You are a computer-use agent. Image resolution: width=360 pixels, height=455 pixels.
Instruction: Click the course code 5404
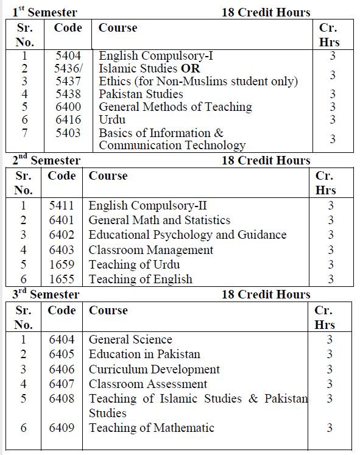(x=67, y=56)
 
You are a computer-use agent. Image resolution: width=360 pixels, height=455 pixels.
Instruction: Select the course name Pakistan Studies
(x=141, y=94)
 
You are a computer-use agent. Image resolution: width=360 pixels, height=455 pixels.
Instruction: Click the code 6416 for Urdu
(x=67, y=119)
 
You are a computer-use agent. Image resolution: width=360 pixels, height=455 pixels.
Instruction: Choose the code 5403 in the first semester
(x=67, y=132)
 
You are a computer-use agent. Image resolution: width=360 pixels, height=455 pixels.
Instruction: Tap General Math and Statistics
(x=160, y=220)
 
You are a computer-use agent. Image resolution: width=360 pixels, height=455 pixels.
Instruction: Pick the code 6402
(x=62, y=235)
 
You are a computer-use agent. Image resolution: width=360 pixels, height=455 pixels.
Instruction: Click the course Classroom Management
(x=151, y=250)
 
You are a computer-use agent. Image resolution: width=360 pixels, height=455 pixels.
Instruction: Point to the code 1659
(x=62, y=265)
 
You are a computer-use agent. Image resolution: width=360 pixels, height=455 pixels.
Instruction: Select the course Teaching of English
(x=141, y=280)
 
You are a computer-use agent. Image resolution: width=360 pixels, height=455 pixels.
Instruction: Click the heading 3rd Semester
(x=46, y=295)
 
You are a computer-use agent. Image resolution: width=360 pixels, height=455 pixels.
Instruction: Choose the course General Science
(x=130, y=339)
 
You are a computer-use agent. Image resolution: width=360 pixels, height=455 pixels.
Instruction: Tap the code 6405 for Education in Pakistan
(x=62, y=354)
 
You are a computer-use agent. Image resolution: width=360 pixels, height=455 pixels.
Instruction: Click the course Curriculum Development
(x=154, y=369)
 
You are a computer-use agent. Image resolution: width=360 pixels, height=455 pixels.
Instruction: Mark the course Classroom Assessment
(x=148, y=384)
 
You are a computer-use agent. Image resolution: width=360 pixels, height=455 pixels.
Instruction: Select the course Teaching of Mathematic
(x=152, y=428)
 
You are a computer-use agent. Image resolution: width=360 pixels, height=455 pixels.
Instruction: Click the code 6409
(x=62, y=428)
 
